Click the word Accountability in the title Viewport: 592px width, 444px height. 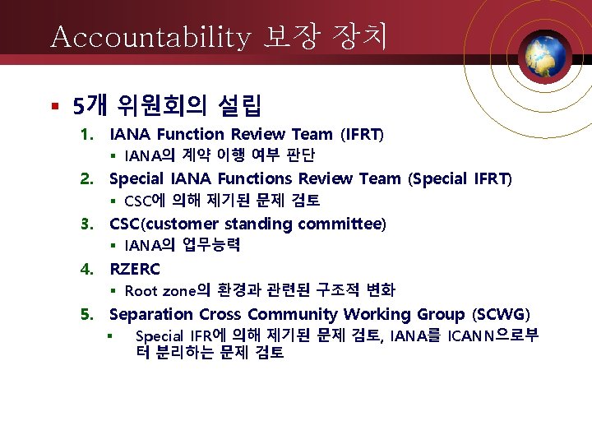tap(150, 37)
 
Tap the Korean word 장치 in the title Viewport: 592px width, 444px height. tap(359, 37)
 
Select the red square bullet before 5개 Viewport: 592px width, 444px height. tap(53, 106)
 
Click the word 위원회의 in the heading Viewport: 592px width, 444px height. tap(161, 105)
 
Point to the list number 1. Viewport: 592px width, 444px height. tap(86, 134)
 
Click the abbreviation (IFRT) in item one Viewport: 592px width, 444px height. tap(362, 134)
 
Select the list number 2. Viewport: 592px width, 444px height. tap(86, 178)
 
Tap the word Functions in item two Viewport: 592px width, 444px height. tap(253, 178)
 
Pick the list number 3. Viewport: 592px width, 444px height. tap(86, 224)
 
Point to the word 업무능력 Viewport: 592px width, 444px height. tap(211, 245)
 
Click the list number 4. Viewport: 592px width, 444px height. tap(86, 269)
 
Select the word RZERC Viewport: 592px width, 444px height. tap(135, 269)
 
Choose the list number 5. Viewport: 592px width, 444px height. tap(86, 314)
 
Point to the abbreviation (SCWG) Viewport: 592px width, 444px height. tap(501, 314)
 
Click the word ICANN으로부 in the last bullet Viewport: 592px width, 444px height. tap(493, 335)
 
